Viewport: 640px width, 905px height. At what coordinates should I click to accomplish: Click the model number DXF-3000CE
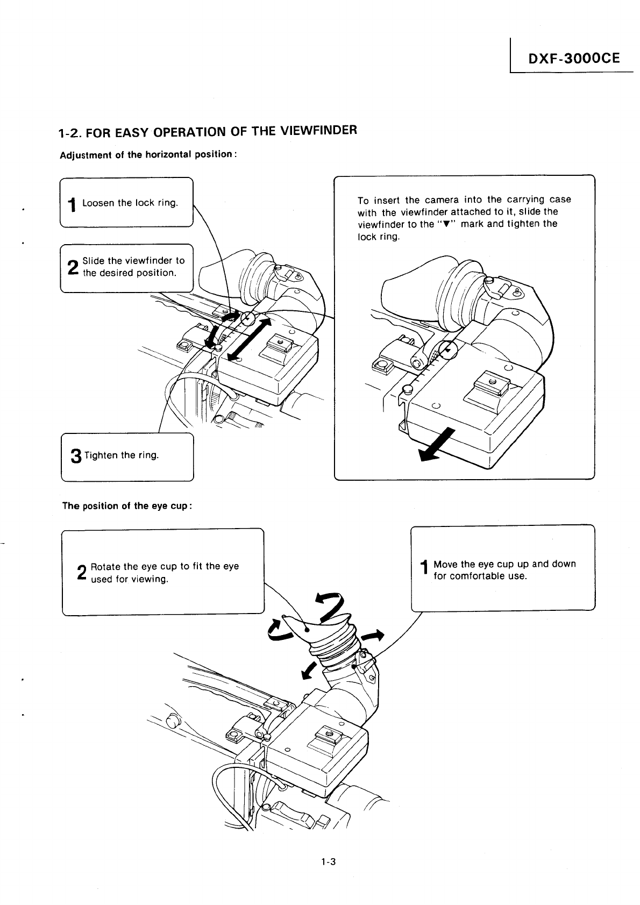point(574,58)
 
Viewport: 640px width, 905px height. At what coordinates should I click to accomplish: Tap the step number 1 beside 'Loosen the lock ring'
point(71,205)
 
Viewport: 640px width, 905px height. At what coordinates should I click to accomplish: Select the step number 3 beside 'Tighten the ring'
point(76,456)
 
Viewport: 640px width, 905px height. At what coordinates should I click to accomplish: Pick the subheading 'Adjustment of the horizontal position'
point(147,155)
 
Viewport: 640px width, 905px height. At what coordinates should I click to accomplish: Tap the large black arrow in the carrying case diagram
point(436,446)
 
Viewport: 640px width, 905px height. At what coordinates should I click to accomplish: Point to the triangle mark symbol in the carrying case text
point(446,224)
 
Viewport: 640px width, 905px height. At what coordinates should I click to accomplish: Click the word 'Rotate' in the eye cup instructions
point(105,566)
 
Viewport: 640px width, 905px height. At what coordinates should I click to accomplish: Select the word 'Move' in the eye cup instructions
point(446,564)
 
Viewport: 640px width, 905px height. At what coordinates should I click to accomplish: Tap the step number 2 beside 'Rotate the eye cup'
point(82,573)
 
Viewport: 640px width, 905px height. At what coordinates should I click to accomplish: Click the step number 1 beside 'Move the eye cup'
point(424,571)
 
